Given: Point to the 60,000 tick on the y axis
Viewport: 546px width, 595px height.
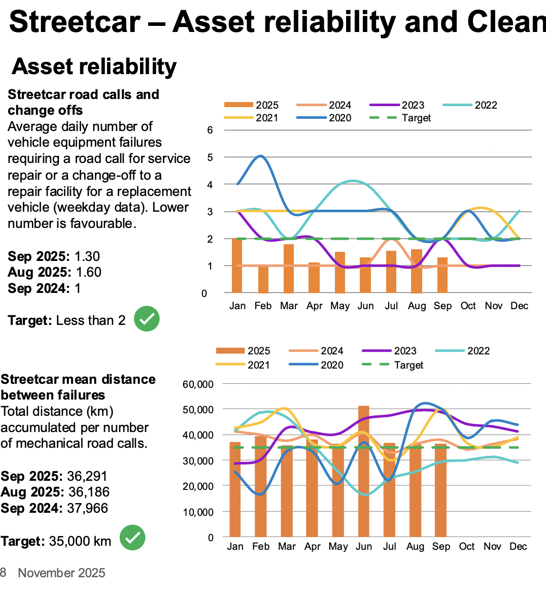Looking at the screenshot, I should tap(198, 384).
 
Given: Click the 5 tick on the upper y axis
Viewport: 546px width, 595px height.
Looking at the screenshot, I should tap(210, 157).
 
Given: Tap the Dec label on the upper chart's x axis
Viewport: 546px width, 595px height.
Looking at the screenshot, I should tap(519, 306).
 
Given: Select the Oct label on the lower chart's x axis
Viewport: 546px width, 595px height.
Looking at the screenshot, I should tap(466, 546).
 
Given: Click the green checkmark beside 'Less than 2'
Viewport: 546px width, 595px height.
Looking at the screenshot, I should tap(147, 319).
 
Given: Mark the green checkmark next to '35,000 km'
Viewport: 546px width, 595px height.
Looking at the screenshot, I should tap(132, 538).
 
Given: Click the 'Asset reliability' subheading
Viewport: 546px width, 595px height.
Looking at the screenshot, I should tap(94, 67).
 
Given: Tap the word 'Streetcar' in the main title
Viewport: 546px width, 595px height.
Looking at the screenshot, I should tap(75, 22).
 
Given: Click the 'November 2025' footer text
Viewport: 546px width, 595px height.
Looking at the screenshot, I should tap(61, 573).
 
